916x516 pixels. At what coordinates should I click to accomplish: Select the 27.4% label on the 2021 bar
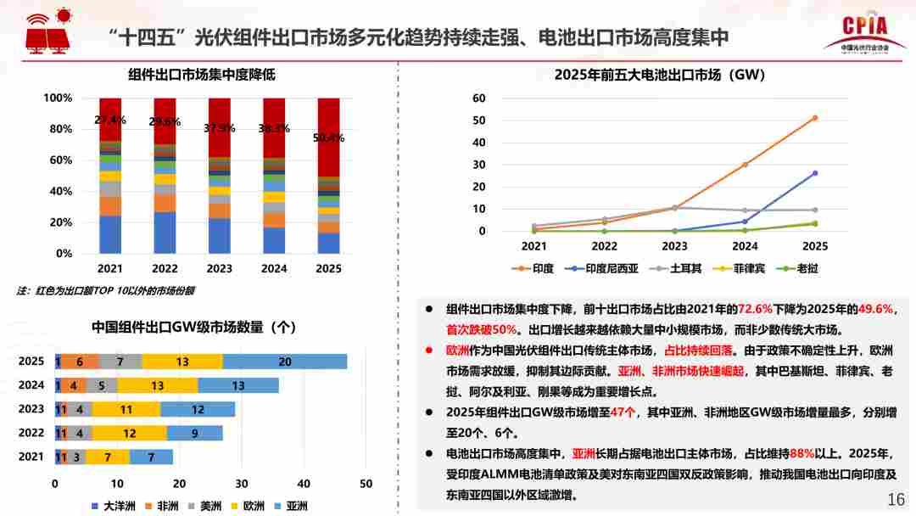click(x=110, y=120)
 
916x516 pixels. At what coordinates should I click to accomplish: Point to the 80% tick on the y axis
click(x=59, y=129)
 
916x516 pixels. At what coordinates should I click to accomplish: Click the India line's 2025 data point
click(x=814, y=118)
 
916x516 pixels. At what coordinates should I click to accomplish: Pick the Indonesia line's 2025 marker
click(x=814, y=173)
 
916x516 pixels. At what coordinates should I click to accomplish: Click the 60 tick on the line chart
click(x=479, y=98)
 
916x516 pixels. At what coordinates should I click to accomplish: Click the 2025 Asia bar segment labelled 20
click(x=285, y=362)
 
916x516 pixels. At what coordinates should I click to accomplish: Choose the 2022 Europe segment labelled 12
click(x=130, y=433)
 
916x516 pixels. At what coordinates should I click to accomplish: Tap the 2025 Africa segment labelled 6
click(x=80, y=362)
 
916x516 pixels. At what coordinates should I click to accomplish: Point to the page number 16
click(x=896, y=499)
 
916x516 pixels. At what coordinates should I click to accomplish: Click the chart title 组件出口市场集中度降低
click(x=202, y=75)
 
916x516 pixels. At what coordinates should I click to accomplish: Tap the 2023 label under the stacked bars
click(x=219, y=268)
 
